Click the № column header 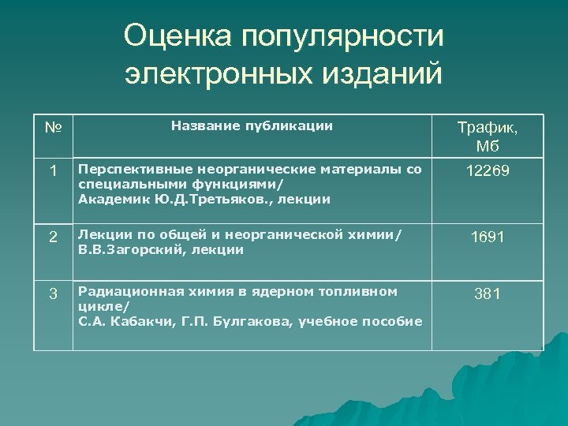point(53,126)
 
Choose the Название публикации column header point(252,125)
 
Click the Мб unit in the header point(488,147)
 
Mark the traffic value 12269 point(488,171)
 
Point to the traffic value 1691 point(488,237)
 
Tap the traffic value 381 point(488,294)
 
